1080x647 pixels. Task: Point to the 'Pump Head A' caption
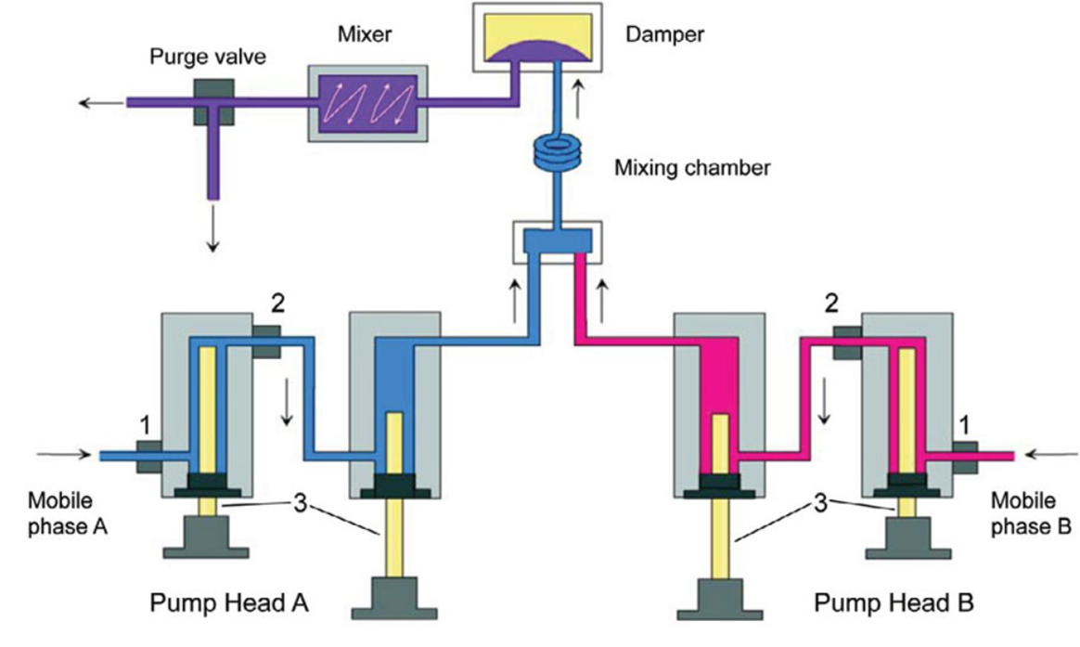228,604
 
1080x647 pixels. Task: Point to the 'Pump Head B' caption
894,604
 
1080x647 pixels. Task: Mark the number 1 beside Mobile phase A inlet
144,425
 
